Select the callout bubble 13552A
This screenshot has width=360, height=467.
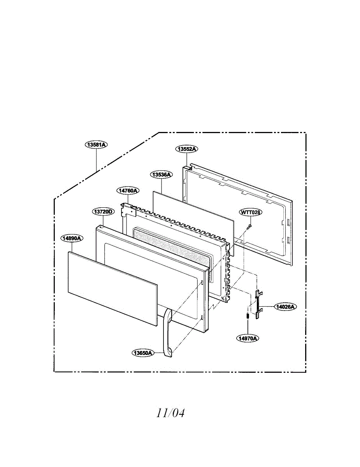click(187, 149)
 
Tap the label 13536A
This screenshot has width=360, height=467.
click(161, 175)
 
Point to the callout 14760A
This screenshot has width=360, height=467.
click(128, 191)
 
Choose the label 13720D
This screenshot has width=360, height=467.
click(103, 212)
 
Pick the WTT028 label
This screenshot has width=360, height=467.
click(251, 212)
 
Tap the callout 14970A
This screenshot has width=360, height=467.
click(248, 338)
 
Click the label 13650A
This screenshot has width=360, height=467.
click(143, 353)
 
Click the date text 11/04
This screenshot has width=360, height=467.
click(170, 413)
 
